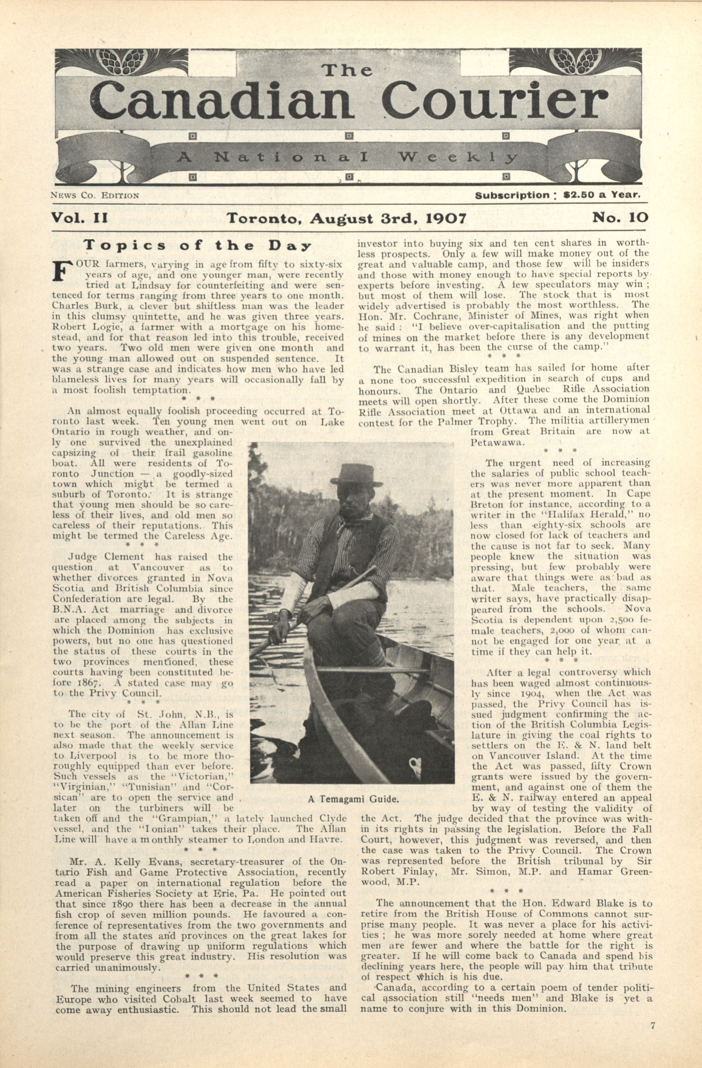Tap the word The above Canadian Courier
(348, 70)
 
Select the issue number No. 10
(620, 218)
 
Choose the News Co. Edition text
(95, 196)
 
